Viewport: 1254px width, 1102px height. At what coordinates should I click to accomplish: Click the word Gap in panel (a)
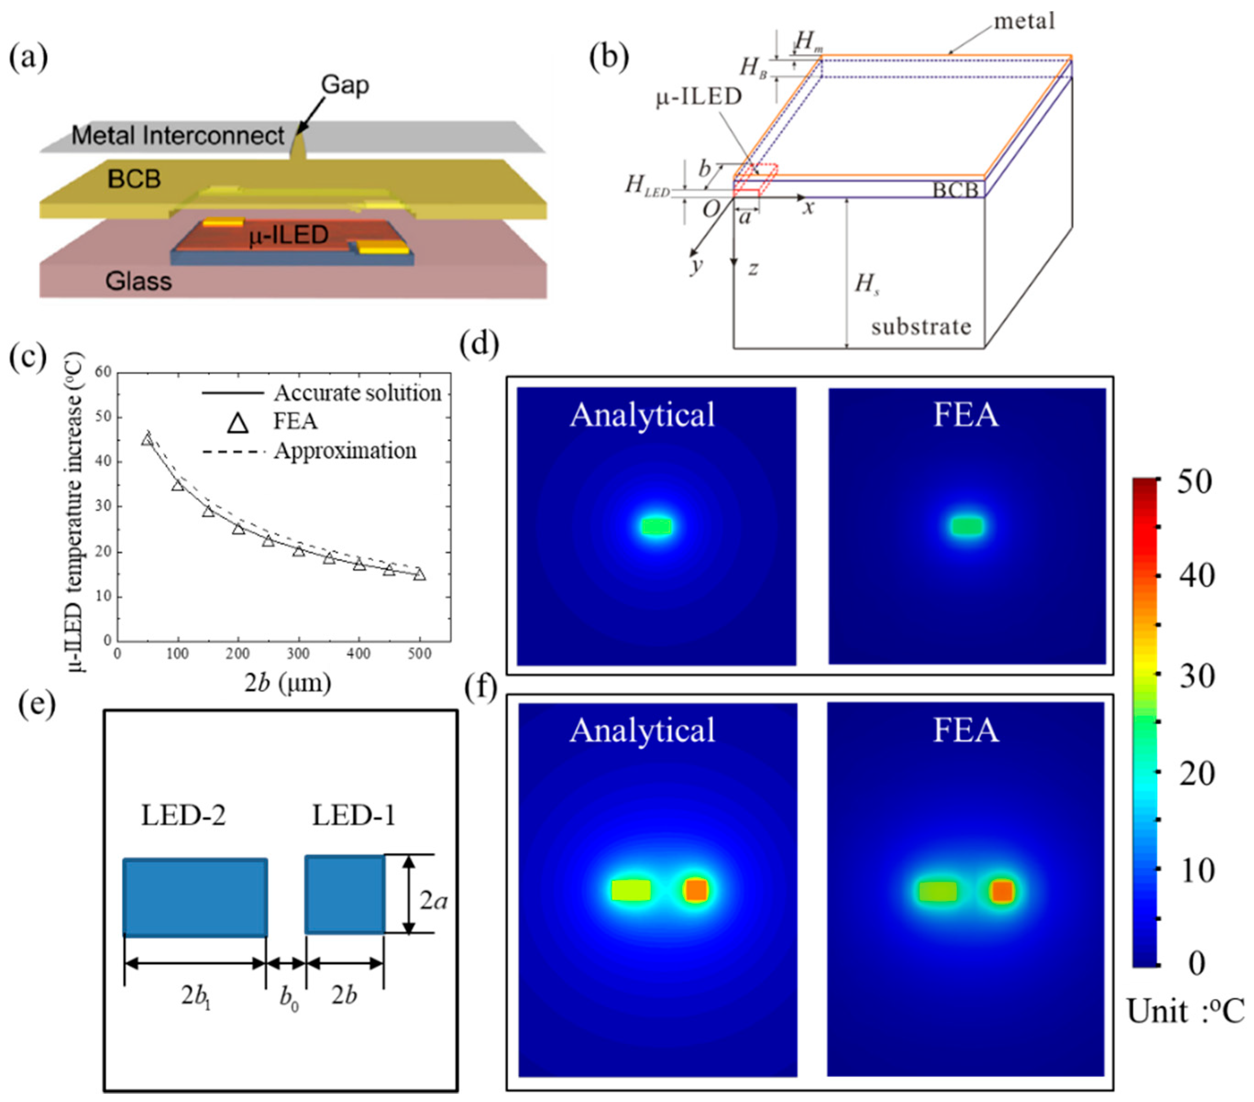[x=345, y=85]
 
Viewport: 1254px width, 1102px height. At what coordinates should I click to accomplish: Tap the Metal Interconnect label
[x=178, y=136]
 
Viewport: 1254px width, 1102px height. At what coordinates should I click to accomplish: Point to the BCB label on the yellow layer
[x=134, y=179]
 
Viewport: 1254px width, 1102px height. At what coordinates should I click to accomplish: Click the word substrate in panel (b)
[x=921, y=327]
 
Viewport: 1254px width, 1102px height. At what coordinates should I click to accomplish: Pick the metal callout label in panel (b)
[x=1024, y=22]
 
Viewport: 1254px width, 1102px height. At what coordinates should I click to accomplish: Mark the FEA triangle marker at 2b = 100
[x=178, y=485]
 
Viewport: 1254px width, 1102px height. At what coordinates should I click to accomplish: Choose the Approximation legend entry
[x=345, y=451]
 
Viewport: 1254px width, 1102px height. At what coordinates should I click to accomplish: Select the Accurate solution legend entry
[x=357, y=393]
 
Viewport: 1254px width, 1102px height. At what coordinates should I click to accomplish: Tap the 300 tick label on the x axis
[x=299, y=654]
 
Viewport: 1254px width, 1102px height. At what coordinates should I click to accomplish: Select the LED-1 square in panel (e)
[x=345, y=895]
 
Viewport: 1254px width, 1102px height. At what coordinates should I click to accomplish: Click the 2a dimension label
[x=433, y=900]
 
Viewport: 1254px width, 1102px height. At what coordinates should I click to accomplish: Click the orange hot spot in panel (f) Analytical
[x=696, y=890]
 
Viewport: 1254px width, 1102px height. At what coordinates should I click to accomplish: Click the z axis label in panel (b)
[x=753, y=268]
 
